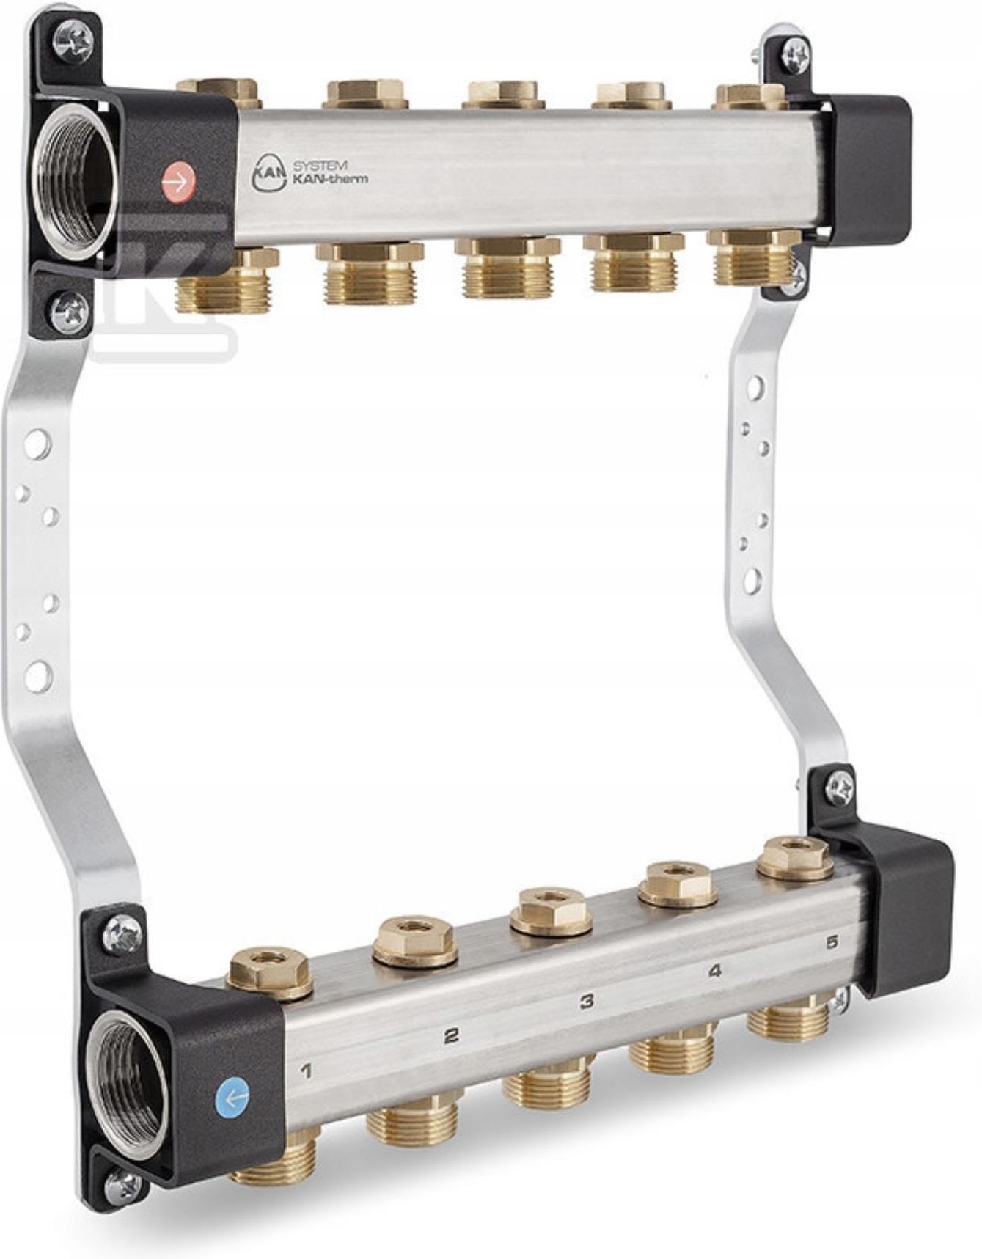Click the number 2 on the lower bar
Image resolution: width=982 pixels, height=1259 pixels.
click(452, 1035)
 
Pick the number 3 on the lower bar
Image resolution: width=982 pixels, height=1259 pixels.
click(587, 1002)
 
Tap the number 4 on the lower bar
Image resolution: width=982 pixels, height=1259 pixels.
click(715, 971)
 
